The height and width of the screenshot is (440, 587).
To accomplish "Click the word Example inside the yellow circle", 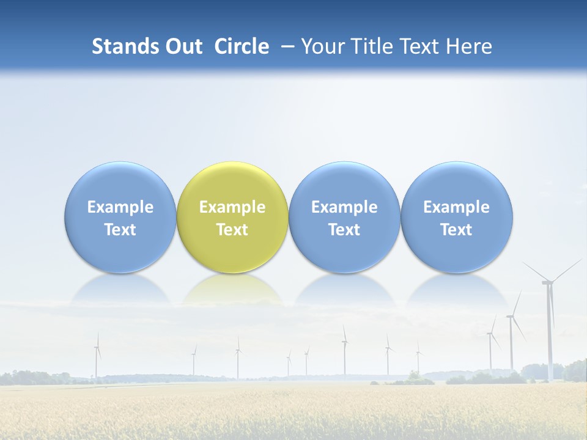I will [232, 207].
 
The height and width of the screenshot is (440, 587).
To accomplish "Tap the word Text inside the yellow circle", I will [232, 230].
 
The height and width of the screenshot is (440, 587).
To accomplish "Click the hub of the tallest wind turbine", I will [547, 282].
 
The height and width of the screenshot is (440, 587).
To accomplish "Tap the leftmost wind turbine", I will [97, 358].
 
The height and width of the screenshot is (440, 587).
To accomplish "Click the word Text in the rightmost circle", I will [457, 230].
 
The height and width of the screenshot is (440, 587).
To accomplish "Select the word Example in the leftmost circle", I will [120, 207].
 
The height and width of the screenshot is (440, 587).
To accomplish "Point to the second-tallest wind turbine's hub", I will [511, 316].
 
